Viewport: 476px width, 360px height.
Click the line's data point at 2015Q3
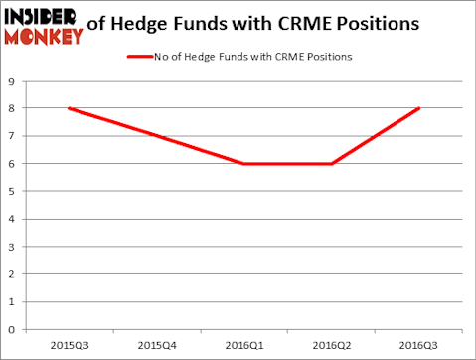(69, 108)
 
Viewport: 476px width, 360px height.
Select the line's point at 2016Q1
(243, 163)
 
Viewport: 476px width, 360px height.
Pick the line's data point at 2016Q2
(331, 163)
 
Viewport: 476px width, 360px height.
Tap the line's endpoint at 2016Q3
(418, 108)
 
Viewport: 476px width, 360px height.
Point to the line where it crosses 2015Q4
(156, 136)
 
